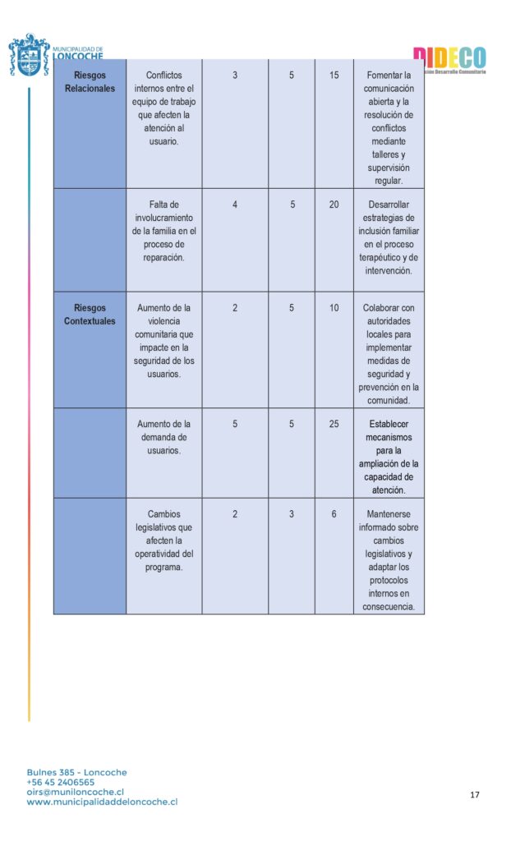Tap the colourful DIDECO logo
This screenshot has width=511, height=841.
pos(449,58)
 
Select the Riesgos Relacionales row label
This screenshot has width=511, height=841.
pos(90,82)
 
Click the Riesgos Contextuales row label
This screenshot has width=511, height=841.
pos(90,315)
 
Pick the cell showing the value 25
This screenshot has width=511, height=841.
pos(334,425)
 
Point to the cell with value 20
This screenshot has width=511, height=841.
pos(334,205)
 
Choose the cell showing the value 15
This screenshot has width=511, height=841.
pos(334,76)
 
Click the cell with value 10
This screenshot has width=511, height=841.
pos(334,308)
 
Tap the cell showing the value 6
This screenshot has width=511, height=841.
pos(334,514)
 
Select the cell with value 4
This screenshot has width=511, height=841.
pos(235,205)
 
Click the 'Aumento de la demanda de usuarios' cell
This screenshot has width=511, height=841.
pos(164,437)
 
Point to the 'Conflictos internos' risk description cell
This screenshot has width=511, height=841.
pos(164,108)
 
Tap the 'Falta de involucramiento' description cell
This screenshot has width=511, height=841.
pos(164,231)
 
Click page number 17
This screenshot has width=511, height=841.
pos(475,795)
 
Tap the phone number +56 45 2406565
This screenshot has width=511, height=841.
pos(60,782)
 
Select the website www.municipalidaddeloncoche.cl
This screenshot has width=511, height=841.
pos(102,802)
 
